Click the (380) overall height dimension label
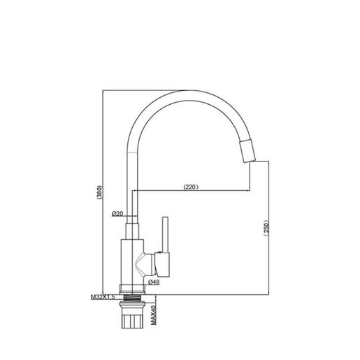(x=99, y=192)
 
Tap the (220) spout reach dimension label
(x=191, y=187)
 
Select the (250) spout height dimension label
(x=266, y=228)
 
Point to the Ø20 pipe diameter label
(x=117, y=213)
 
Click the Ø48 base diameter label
(x=154, y=282)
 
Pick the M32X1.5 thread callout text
(x=103, y=297)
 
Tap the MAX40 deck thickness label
(x=153, y=315)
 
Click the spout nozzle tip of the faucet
(x=247, y=150)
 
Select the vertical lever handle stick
(x=165, y=235)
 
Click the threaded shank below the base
(x=132, y=298)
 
